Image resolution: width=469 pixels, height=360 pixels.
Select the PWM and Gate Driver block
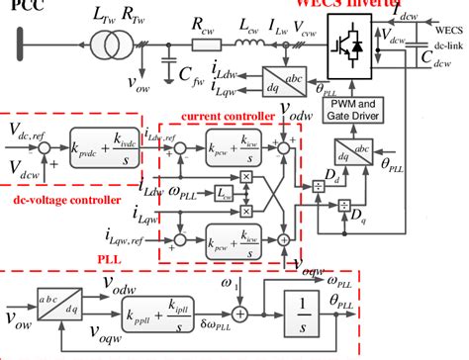pyautogui.click(x=358, y=109)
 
